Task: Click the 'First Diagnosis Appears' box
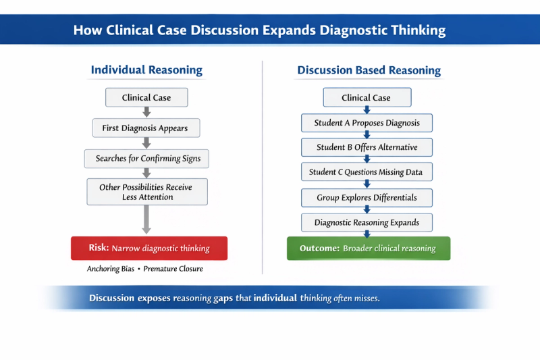pyautogui.click(x=145, y=128)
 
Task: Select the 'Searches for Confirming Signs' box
pyautogui.click(x=148, y=159)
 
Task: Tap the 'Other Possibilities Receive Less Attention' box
pyautogui.click(x=147, y=192)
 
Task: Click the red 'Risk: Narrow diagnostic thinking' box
pyautogui.click(x=149, y=249)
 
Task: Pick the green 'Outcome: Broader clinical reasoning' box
pyautogui.click(x=368, y=249)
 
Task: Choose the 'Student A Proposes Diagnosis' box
pyautogui.click(x=367, y=123)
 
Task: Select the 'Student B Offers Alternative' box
pyautogui.click(x=367, y=147)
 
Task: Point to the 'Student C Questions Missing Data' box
pyautogui.click(x=367, y=172)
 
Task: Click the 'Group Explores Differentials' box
pyautogui.click(x=367, y=198)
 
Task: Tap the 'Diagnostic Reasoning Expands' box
pyautogui.click(x=367, y=223)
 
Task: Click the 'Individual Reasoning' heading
pyautogui.click(x=146, y=70)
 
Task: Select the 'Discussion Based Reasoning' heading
pyautogui.click(x=369, y=70)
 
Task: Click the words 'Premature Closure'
pyautogui.click(x=173, y=269)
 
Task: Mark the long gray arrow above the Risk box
pyautogui.click(x=146, y=220)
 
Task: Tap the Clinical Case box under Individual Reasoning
pyautogui.click(x=146, y=98)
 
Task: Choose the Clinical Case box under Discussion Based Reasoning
pyautogui.click(x=367, y=98)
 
